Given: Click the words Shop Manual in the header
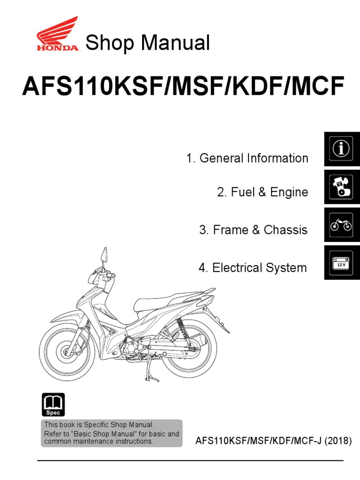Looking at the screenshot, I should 147,43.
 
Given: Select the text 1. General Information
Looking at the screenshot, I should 247,158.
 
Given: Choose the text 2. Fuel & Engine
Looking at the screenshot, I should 262,192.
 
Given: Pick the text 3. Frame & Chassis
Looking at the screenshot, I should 254,230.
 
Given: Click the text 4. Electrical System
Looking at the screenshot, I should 253,268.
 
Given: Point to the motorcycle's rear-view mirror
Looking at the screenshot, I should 103,255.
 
